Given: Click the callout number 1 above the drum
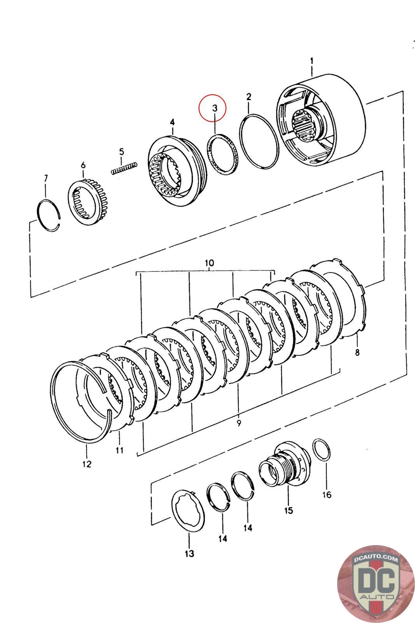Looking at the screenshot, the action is point(312,61).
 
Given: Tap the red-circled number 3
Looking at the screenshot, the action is point(214,108).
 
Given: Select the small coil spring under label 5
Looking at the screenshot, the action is point(124,169).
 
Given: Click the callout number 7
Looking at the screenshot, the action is point(46,178).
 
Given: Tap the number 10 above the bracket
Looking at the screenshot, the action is point(209,262).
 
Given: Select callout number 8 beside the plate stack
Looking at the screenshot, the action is point(357,352).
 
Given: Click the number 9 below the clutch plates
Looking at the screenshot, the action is point(239,423).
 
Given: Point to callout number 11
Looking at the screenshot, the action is point(119,450).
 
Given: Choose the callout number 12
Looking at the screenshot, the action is point(87,464).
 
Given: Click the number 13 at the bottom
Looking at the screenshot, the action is point(189,553).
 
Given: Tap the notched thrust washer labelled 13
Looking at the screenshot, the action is point(188,511).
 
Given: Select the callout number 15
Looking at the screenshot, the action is point(289,510).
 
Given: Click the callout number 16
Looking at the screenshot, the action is point(327,495).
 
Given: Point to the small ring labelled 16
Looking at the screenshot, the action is point(321,450).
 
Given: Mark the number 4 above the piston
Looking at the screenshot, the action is point(172,122).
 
